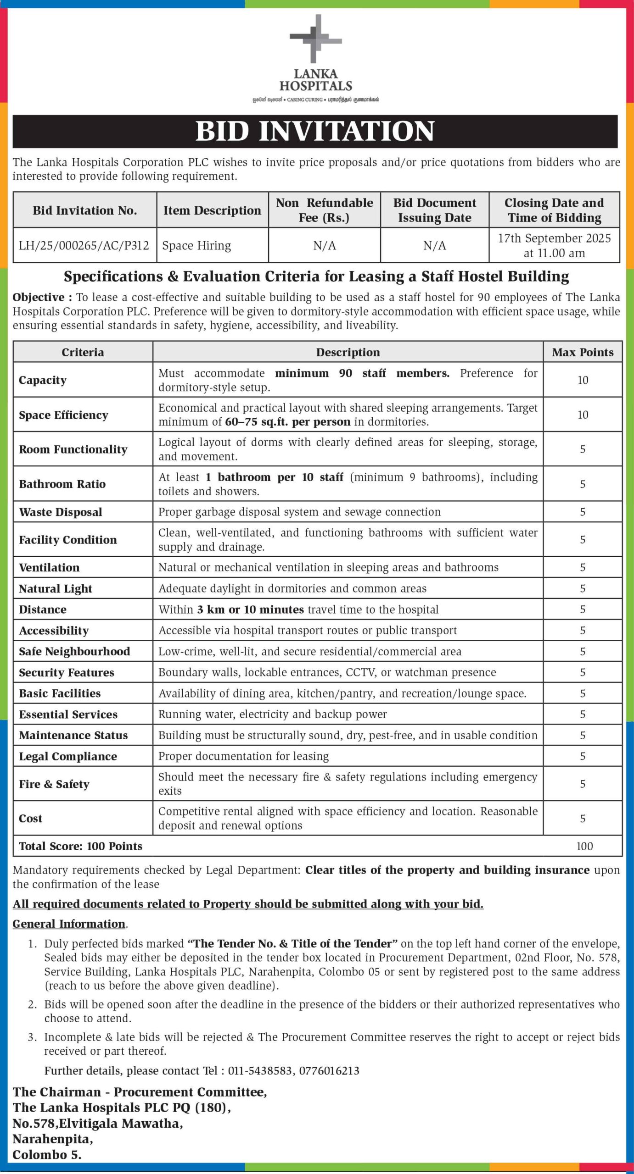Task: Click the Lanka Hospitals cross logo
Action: (x=316, y=39)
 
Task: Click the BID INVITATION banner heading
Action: (x=315, y=131)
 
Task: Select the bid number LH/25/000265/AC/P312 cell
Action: (x=84, y=245)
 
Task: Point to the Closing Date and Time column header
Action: (x=554, y=210)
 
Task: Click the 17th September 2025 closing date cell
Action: (x=554, y=245)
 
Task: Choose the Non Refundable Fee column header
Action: (x=324, y=210)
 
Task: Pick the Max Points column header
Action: (x=583, y=352)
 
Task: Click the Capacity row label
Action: (x=43, y=380)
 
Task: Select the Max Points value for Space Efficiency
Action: (x=583, y=415)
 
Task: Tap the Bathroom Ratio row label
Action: (x=62, y=484)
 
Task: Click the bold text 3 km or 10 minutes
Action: (x=251, y=609)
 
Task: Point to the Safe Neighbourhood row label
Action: (x=74, y=651)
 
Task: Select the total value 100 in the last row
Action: (x=584, y=846)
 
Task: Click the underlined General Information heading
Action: (x=69, y=924)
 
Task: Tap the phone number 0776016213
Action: (x=329, y=1070)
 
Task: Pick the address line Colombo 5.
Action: (x=47, y=1155)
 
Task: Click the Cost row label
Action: (x=30, y=818)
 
